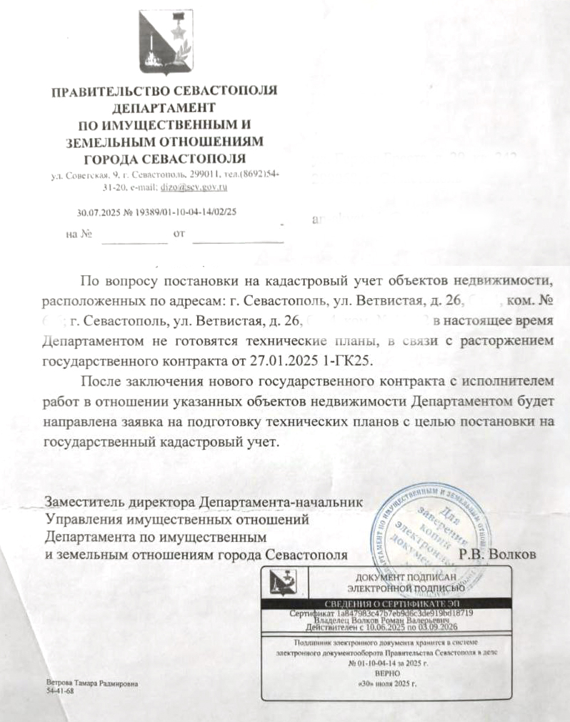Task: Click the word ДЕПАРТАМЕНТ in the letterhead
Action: (164, 109)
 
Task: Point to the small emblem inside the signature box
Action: (286, 585)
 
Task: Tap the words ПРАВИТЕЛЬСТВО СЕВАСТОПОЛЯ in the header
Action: (164, 92)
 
